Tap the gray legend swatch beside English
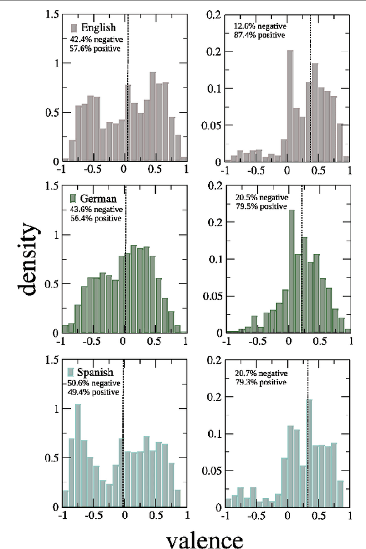point(74,28)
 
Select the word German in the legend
point(99,199)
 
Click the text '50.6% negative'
point(93,383)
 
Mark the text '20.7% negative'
point(260,372)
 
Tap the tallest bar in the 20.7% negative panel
point(309,453)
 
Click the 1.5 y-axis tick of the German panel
point(51,185)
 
